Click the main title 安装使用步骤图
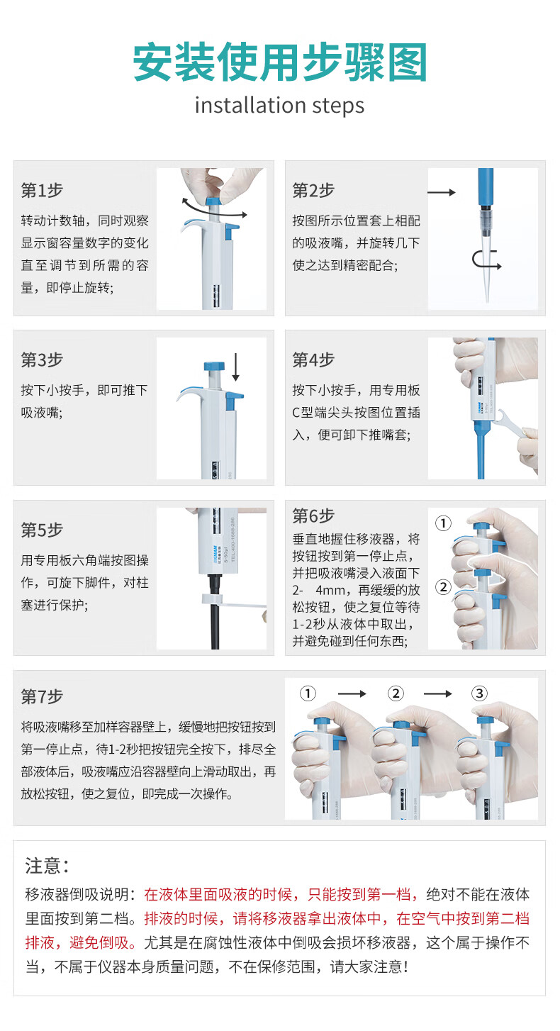pyautogui.click(x=280, y=62)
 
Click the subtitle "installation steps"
pyautogui.click(x=279, y=106)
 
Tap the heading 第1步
pyautogui.click(x=42, y=190)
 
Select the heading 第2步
pyautogui.click(x=313, y=190)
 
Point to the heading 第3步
pyautogui.click(x=42, y=360)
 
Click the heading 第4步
pyautogui.click(x=313, y=360)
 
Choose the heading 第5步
pyautogui.click(x=42, y=530)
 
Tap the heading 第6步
pyautogui.click(x=313, y=515)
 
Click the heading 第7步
pyautogui.click(x=42, y=696)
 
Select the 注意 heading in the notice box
pyautogui.click(x=47, y=866)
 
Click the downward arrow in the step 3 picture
pyautogui.click(x=235, y=367)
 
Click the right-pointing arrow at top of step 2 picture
pyautogui.click(x=442, y=192)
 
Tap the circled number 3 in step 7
pyautogui.click(x=479, y=693)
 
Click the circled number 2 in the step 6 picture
pyautogui.click(x=443, y=587)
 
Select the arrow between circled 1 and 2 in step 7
pyautogui.click(x=352, y=693)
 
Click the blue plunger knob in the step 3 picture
pyautogui.click(x=214, y=367)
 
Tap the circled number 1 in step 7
pyautogui.click(x=308, y=693)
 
